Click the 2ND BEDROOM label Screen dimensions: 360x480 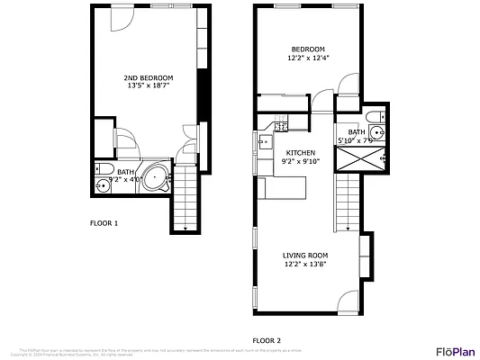pyautogui.click(x=149, y=78)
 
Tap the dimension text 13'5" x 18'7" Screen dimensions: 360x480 pyautogui.click(x=149, y=87)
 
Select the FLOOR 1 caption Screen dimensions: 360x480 pyautogui.click(x=104, y=222)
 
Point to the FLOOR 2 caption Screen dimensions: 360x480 pyautogui.click(x=267, y=340)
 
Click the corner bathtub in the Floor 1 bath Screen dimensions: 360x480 pyautogui.click(x=158, y=178)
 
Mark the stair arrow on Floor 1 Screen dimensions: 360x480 pyautogui.click(x=184, y=228)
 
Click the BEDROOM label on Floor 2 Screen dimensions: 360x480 pyautogui.click(x=307, y=49)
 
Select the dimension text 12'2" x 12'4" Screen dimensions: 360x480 pyautogui.click(x=307, y=58)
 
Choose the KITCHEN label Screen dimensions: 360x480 pyautogui.click(x=301, y=153)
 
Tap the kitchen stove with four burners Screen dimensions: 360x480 pyautogui.click(x=282, y=125)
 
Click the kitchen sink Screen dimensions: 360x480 pyautogui.click(x=266, y=141)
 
